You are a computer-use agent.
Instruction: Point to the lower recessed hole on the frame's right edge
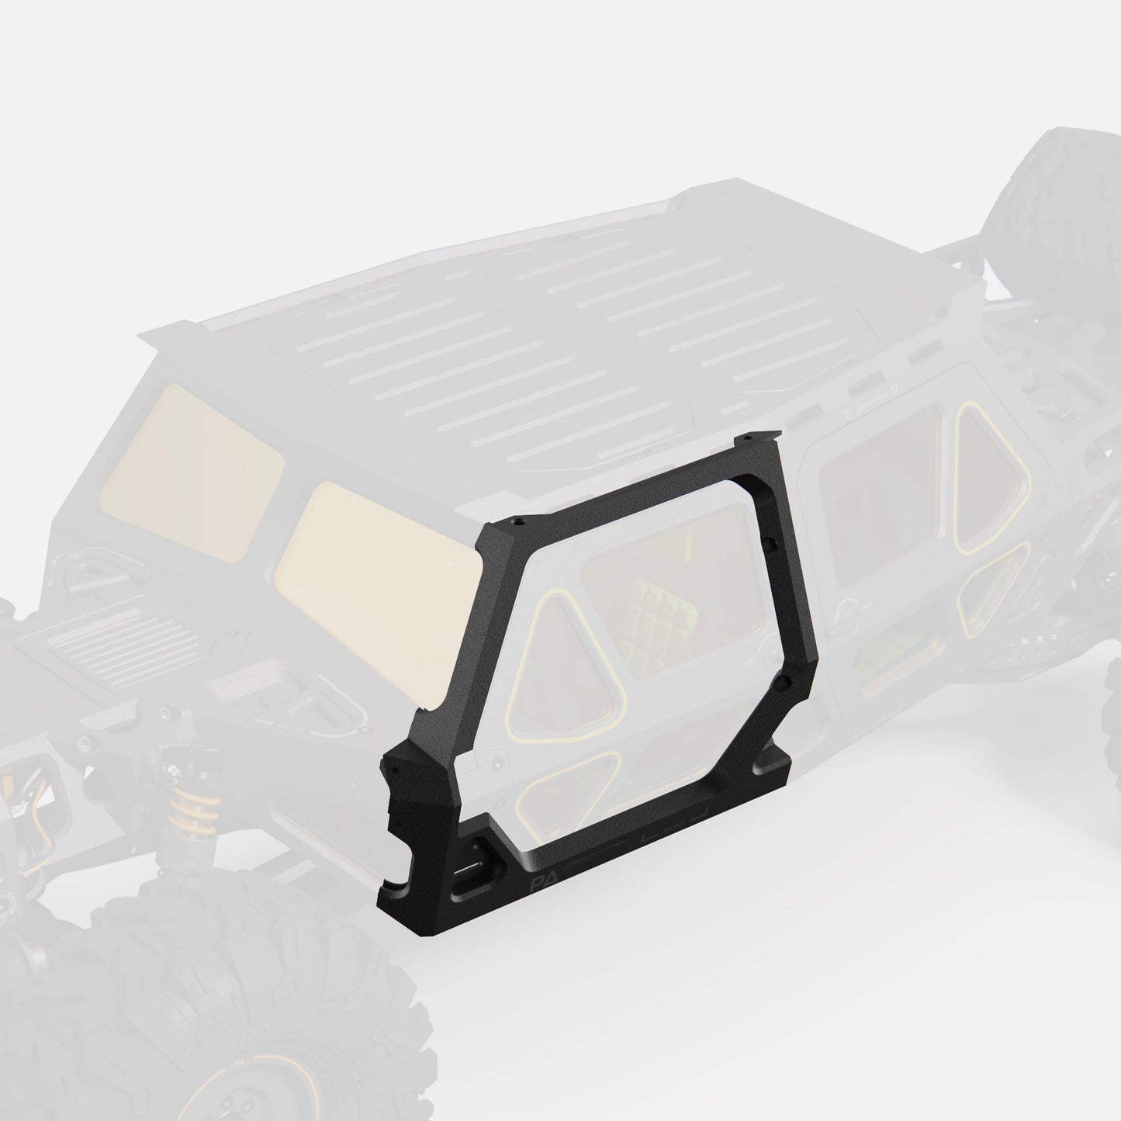click(781, 683)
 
